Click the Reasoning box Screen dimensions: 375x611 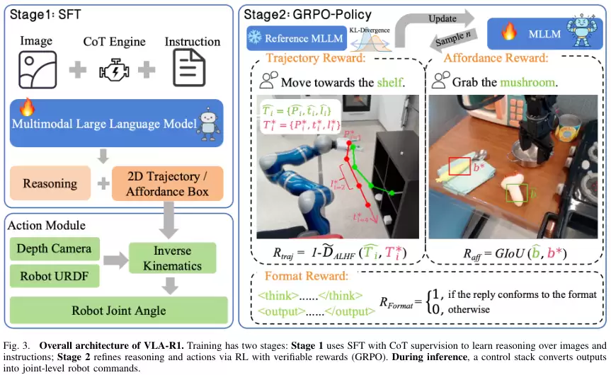point(50,183)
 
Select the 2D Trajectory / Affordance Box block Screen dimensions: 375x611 point(167,183)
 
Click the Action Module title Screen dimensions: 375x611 point(47,226)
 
